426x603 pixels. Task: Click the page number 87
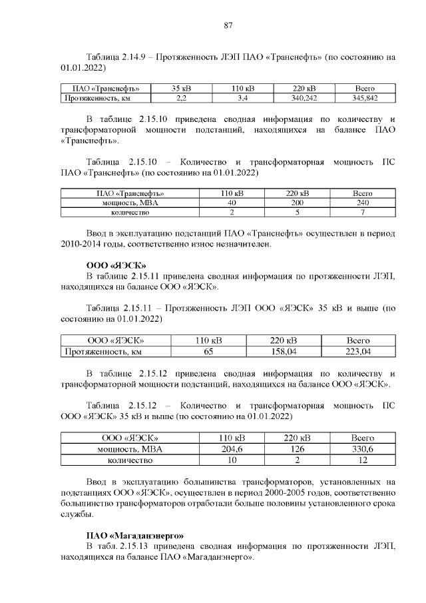click(x=228, y=25)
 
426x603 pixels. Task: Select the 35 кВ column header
click(x=180, y=89)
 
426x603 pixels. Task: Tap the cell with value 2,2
click(x=180, y=98)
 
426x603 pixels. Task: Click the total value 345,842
click(x=365, y=98)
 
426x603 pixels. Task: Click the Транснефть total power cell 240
click(x=361, y=203)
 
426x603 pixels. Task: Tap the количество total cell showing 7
click(x=361, y=213)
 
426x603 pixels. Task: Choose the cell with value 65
click(x=208, y=351)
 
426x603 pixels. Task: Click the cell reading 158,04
click(x=284, y=351)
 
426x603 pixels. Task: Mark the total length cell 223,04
click(x=358, y=351)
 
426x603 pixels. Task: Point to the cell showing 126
click(x=298, y=449)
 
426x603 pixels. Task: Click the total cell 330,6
click(x=362, y=449)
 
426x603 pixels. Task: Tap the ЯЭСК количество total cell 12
click(x=362, y=460)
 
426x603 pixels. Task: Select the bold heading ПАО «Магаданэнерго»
click(x=135, y=535)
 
